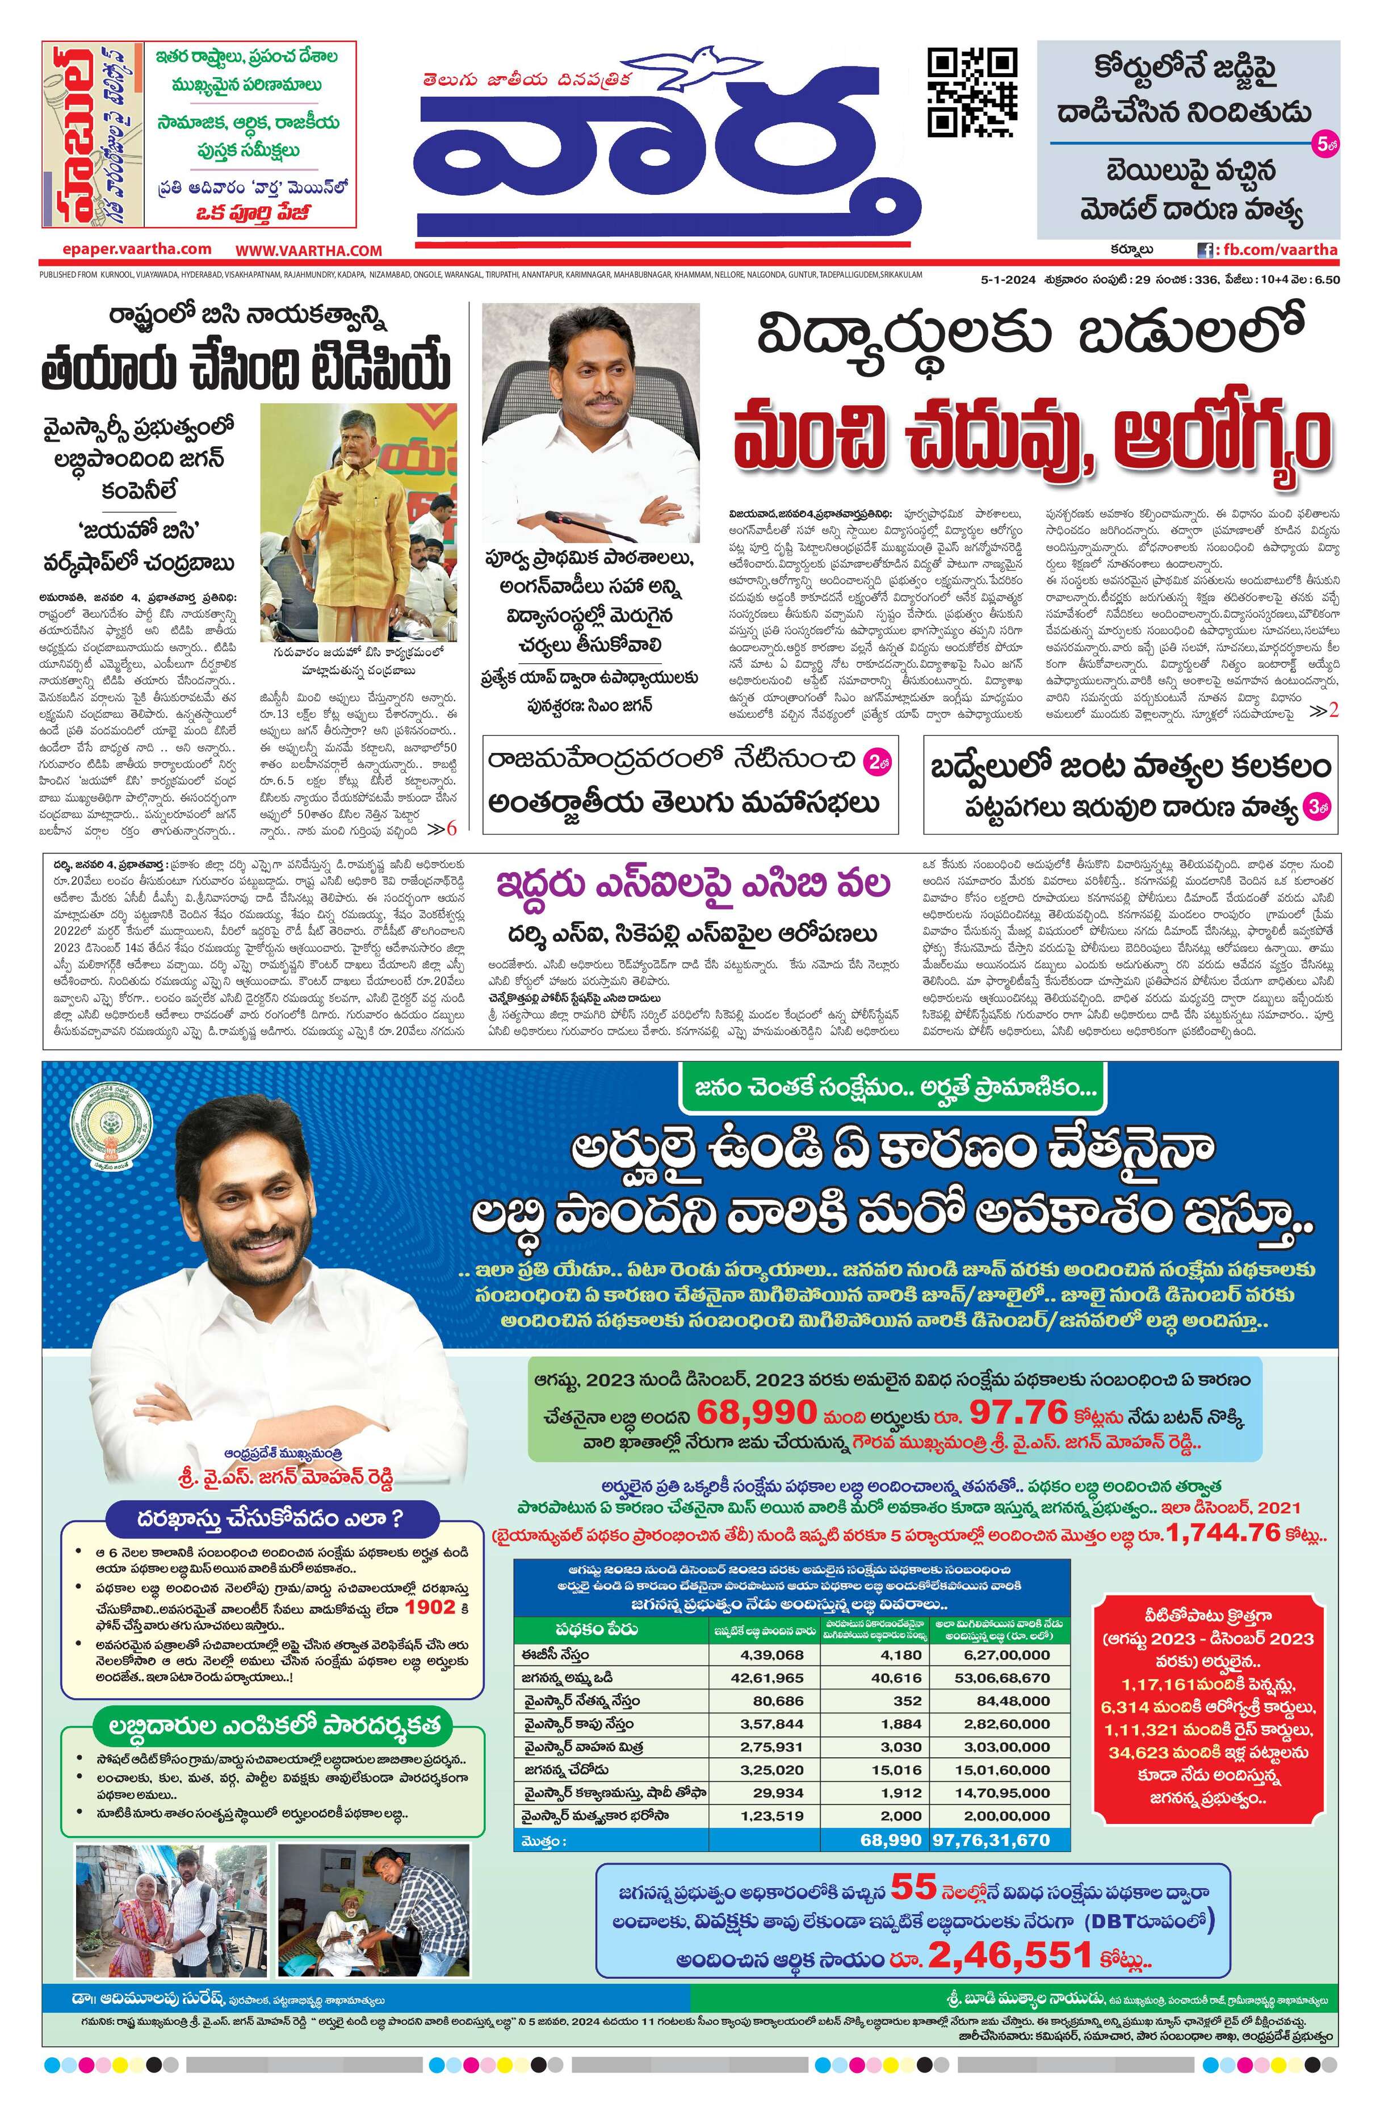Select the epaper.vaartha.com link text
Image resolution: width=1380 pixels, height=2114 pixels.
pyautogui.click(x=137, y=250)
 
